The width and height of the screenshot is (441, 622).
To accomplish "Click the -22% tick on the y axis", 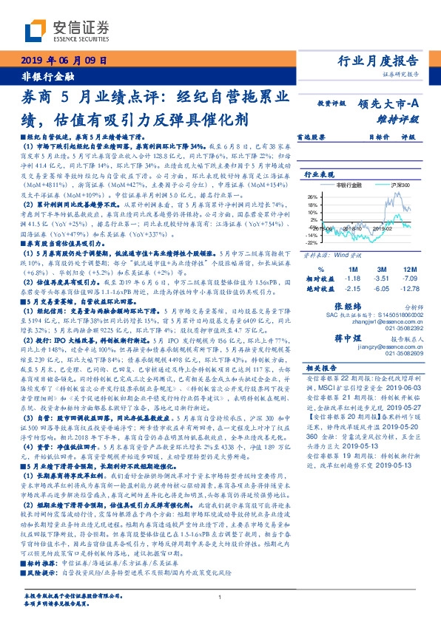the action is [x=312, y=242].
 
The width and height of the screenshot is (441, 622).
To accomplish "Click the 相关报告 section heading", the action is [x=321, y=367].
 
